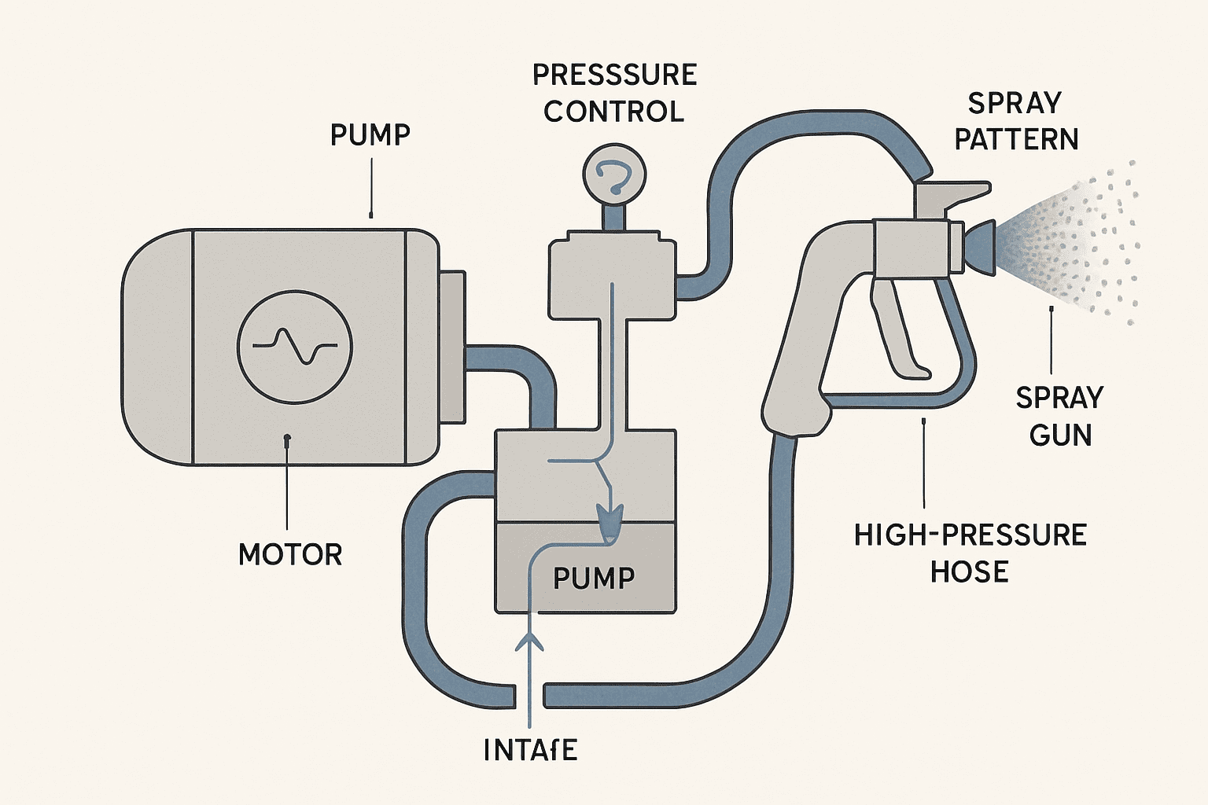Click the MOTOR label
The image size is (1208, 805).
(x=290, y=555)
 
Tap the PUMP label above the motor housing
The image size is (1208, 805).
(x=370, y=135)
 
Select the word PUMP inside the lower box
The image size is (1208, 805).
(x=594, y=579)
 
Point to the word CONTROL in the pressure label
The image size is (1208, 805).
(x=613, y=112)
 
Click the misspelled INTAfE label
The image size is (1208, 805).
(x=531, y=750)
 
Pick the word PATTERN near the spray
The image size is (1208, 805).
(x=1016, y=140)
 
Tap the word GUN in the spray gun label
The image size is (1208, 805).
(x=1060, y=435)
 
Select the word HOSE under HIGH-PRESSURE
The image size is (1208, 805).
(x=969, y=572)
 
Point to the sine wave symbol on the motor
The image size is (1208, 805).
(x=295, y=346)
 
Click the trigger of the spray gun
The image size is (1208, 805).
(x=897, y=330)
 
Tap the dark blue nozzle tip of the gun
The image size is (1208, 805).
(x=980, y=246)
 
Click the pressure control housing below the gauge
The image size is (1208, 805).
(x=612, y=275)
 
